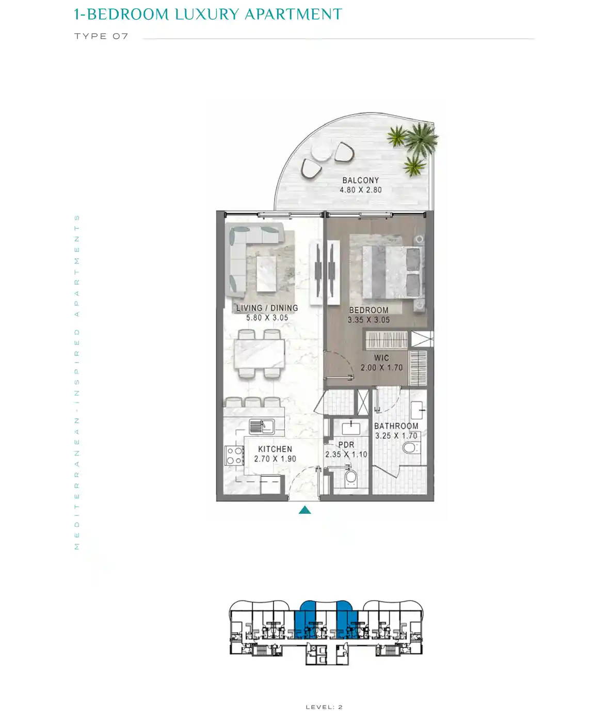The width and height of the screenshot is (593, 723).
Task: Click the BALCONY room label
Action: [x=360, y=180]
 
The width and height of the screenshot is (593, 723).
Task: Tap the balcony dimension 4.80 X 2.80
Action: [x=360, y=190]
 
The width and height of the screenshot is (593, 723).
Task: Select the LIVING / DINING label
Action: [x=267, y=308]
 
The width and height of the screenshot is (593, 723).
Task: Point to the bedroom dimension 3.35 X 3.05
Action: [x=368, y=320]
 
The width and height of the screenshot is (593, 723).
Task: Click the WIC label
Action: [x=381, y=358]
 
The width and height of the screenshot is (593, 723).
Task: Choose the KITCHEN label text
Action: [x=275, y=449]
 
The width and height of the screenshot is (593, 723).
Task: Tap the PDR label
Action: [x=346, y=445]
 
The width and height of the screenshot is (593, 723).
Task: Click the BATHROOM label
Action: [x=396, y=426]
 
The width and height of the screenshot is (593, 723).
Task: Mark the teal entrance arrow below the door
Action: [x=304, y=510]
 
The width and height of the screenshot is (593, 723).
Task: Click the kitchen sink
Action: [x=261, y=427]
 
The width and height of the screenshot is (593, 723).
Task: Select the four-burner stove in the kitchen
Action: [x=234, y=455]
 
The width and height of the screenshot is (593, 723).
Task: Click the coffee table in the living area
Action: [x=266, y=274]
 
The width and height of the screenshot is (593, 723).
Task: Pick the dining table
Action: [x=259, y=353]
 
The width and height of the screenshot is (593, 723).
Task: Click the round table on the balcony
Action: [x=322, y=151]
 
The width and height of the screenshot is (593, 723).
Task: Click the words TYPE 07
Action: [x=101, y=36]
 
